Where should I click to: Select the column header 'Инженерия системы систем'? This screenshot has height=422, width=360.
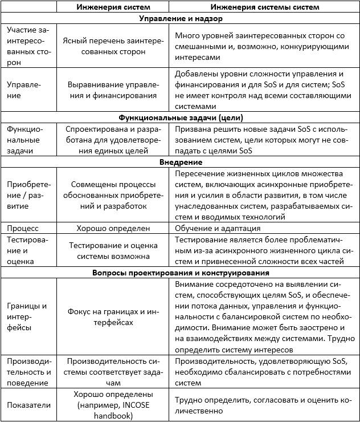point(265,7)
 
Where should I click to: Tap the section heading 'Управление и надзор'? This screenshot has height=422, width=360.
point(180,18)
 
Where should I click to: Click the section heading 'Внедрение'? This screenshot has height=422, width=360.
point(180,162)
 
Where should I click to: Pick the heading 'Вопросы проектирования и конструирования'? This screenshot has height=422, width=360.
point(180,272)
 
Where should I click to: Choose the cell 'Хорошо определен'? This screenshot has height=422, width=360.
point(113,228)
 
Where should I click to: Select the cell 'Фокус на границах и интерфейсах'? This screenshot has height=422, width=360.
point(113,316)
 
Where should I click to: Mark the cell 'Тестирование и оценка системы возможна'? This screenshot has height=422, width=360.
point(113,250)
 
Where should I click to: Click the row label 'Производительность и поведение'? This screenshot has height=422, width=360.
point(29,372)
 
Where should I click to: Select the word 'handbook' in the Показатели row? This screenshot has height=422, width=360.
point(113,416)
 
